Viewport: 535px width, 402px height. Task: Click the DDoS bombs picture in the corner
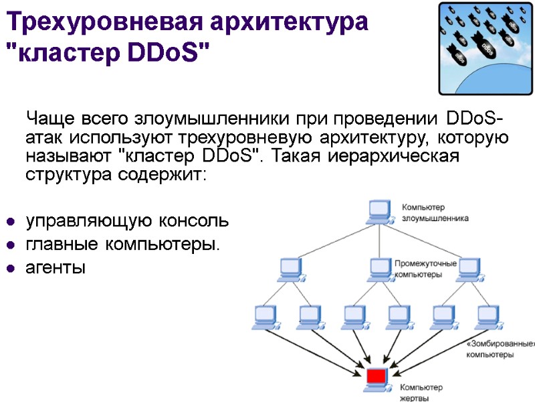486,48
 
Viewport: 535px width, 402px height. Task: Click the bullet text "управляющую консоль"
126,220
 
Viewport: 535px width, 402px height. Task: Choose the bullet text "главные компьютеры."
122,245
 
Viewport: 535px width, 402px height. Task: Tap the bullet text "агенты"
56,269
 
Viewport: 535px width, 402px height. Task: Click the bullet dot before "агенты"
11,269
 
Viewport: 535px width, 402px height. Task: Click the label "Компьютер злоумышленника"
435,212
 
